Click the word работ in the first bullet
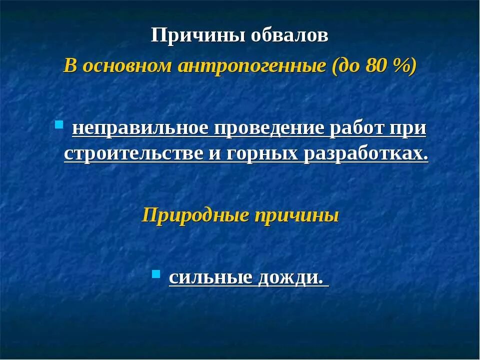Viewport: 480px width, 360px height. point(357,129)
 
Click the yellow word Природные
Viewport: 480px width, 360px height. point(195,215)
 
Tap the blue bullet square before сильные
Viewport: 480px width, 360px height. point(155,273)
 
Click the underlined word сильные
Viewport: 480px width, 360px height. point(210,277)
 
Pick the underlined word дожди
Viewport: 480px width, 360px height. point(290,277)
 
